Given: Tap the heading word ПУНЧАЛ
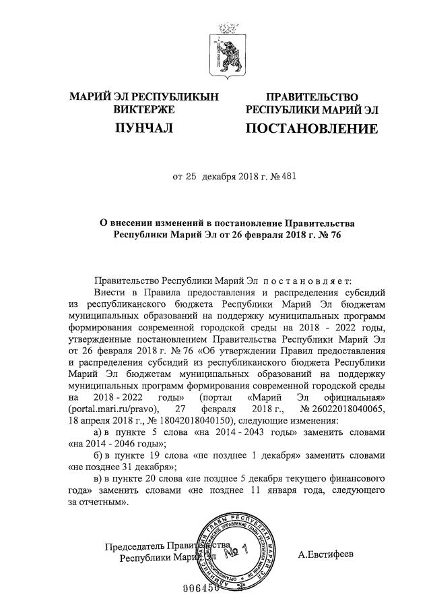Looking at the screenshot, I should tap(145, 127).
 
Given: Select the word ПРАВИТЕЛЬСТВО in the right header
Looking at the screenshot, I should tap(310, 98).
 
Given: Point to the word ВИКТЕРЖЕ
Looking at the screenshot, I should tap(145, 109).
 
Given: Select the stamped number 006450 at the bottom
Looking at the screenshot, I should tap(201, 588).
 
